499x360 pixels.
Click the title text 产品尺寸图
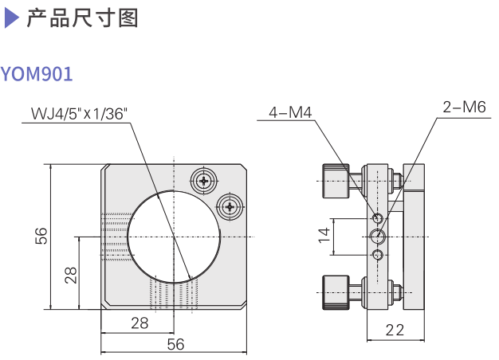[x=82, y=18]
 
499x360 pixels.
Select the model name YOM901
[x=37, y=75]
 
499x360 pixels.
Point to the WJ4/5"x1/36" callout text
[x=79, y=113]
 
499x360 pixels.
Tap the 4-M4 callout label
[x=290, y=112]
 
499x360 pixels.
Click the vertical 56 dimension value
[x=41, y=236]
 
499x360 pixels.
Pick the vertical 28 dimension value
[x=70, y=276]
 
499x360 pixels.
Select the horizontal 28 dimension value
[x=140, y=323]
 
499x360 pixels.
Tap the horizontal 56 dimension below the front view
[x=175, y=344]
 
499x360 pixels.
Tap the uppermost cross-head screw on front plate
[x=206, y=181]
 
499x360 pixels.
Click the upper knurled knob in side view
[x=334, y=181]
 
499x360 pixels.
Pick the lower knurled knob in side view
[x=334, y=292]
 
